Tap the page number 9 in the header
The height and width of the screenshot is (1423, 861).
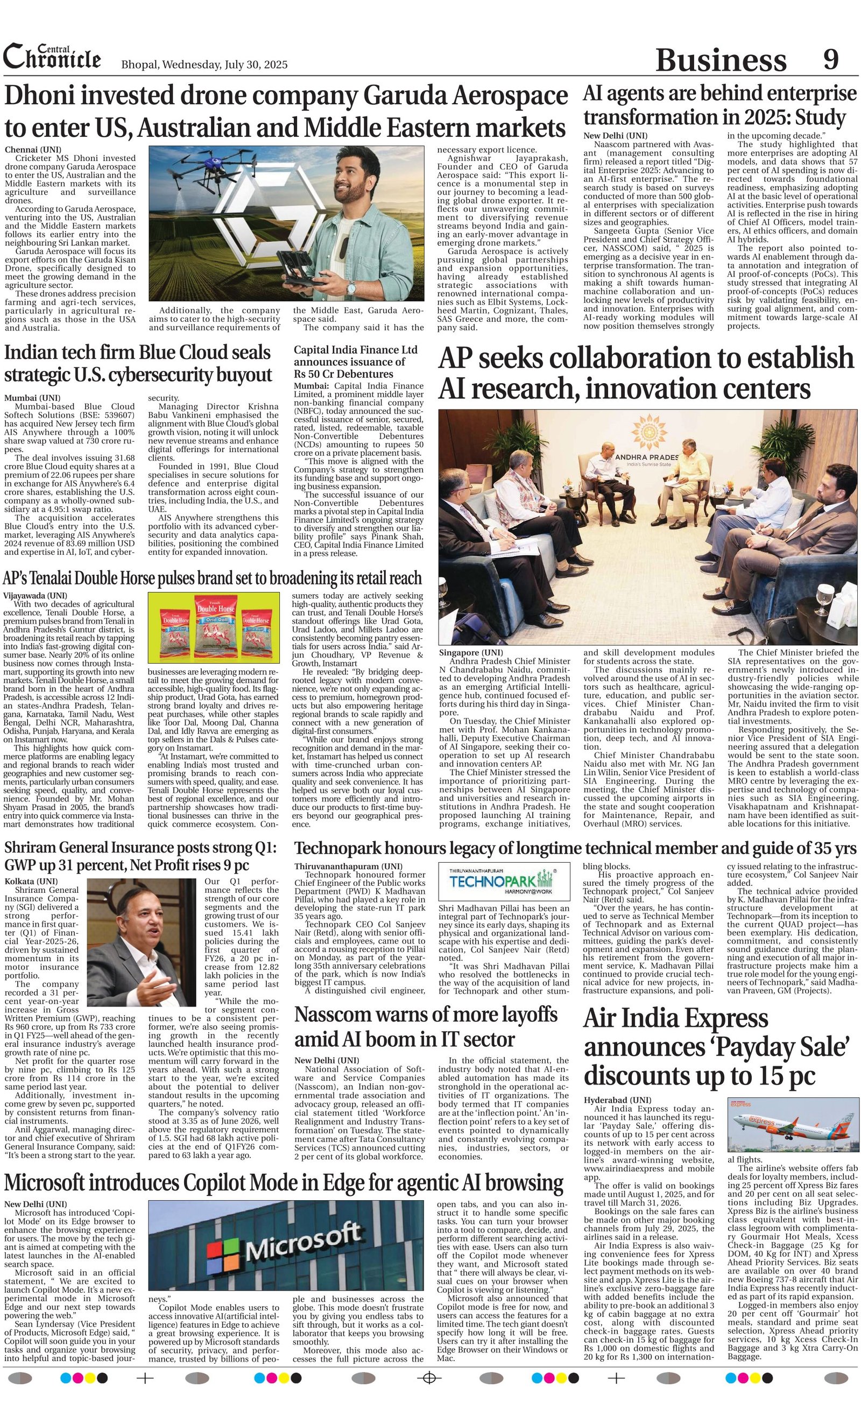click(830, 59)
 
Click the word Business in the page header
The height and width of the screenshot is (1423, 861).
click(721, 60)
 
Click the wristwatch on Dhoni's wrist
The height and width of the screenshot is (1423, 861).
click(350, 286)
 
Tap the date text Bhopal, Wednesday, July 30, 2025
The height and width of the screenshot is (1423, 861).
click(204, 65)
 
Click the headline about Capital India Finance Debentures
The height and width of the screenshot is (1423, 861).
click(355, 362)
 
